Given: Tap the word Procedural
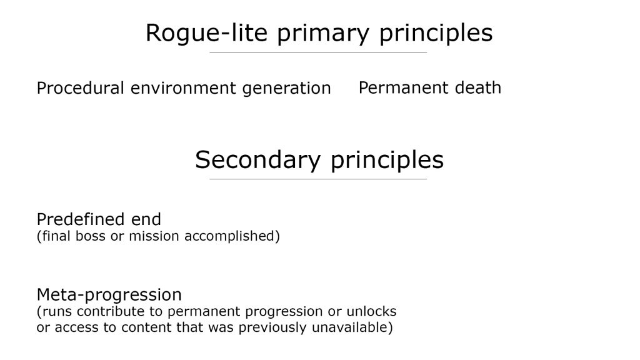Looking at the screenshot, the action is click(81, 88).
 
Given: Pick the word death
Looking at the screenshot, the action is click(478, 87).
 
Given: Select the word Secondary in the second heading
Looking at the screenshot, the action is click(257, 160).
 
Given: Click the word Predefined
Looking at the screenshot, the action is click(81, 219).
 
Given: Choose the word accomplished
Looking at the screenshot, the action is click(230, 236).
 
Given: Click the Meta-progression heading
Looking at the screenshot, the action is click(109, 295).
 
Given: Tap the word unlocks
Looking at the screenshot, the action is click(371, 311).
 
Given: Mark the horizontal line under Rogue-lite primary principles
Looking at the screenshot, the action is click(318, 52).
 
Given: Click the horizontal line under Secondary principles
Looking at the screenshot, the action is click(318, 179).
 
